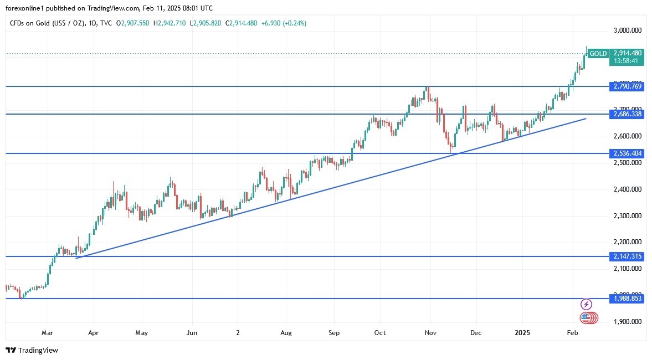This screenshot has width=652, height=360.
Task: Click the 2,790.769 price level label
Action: (628, 86)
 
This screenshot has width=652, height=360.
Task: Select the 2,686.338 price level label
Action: (628, 114)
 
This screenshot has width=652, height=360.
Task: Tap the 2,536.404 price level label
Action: (628, 153)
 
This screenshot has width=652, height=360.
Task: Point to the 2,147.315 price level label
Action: (628, 256)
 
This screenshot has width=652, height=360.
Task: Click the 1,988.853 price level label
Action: (628, 299)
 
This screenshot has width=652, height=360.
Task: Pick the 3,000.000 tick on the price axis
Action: (628, 30)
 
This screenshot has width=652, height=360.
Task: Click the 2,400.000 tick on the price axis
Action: (628, 189)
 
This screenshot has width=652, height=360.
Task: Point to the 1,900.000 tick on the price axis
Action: (628, 322)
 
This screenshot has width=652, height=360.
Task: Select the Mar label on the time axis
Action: (48, 333)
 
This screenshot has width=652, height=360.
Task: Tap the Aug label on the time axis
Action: (286, 333)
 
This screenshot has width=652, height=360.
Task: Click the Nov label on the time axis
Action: (430, 333)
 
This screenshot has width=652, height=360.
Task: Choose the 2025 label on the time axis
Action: (523, 333)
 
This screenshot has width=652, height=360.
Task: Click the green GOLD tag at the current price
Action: (598, 54)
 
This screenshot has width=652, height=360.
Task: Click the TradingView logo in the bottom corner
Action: (32, 350)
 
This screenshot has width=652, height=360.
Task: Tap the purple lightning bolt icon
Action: (586, 304)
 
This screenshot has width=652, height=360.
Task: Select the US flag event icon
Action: (586, 318)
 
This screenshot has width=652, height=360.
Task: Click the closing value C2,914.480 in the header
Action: (237, 23)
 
